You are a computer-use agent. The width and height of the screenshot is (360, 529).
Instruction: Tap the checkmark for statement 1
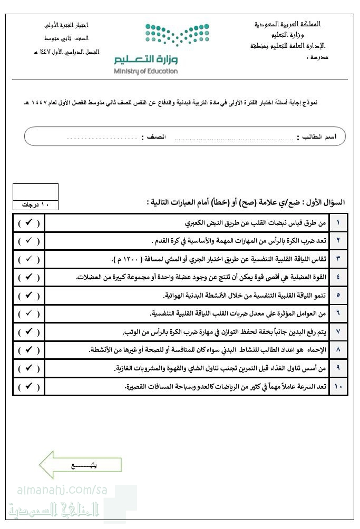[x=29, y=223]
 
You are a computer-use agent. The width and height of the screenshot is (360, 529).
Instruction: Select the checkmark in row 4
[x=29, y=277]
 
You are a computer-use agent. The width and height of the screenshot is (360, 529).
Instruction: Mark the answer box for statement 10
[x=29, y=386]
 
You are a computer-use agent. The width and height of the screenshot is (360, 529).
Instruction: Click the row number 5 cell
[x=338, y=295]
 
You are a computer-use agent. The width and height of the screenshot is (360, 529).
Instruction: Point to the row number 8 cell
[x=338, y=350]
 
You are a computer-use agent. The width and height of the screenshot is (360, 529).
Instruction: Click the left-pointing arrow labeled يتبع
[x=80, y=465]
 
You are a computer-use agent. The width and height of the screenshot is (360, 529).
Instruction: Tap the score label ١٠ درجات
[x=35, y=204]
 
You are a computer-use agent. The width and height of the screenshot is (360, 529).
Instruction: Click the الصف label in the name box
[x=153, y=137]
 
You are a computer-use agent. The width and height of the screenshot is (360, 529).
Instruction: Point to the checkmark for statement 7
[x=29, y=331]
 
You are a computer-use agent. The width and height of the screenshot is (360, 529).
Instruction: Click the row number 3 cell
[x=338, y=259]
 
